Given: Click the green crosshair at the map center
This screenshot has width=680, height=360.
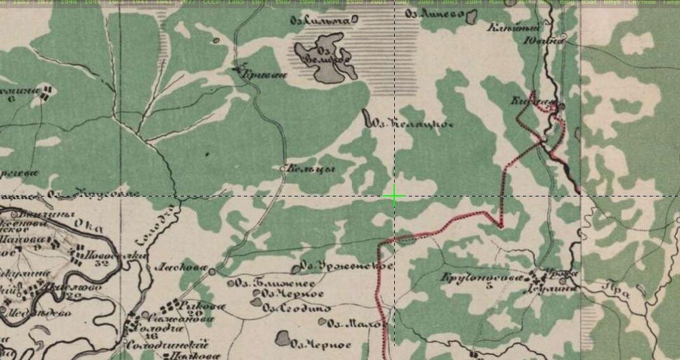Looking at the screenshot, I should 394,196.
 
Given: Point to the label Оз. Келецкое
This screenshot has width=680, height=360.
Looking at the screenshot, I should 412,124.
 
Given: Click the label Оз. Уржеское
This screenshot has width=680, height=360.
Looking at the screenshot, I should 346,266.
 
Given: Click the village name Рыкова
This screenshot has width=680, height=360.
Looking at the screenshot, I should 194,305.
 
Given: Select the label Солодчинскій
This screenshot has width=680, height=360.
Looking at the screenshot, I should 167,345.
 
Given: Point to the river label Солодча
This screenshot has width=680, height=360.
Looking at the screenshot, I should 146,227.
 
